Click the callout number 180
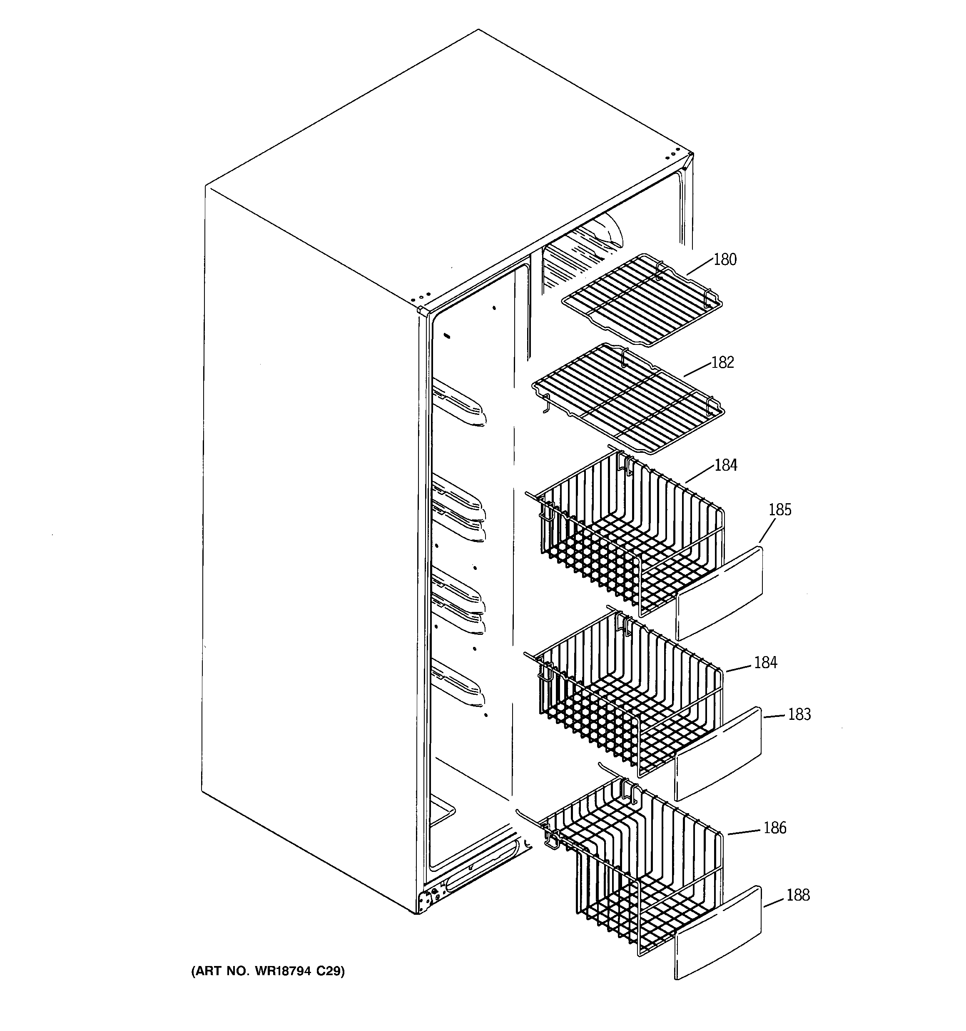725,259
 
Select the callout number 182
723,362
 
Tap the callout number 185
780,510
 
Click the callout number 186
774,828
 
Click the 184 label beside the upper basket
725,465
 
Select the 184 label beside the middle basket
765,662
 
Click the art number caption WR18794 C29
268,971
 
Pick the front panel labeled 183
718,754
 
